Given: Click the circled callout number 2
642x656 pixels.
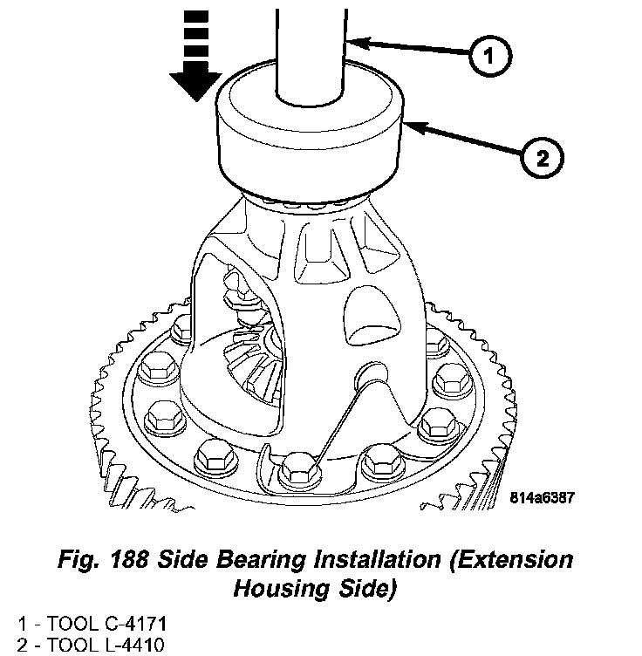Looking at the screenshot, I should (x=542, y=160).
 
